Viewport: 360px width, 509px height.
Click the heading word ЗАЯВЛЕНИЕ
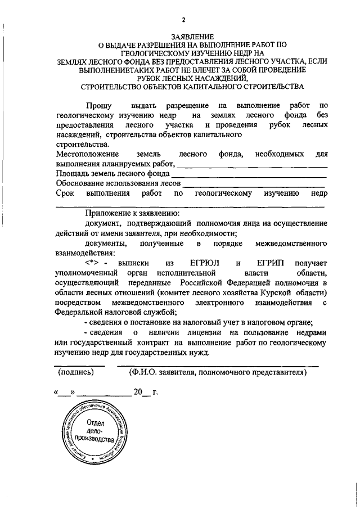191,37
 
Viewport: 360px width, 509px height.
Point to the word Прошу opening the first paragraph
98,105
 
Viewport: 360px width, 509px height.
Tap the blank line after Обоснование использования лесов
254,185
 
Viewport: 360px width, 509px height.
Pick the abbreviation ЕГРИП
269,263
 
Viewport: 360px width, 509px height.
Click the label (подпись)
76,372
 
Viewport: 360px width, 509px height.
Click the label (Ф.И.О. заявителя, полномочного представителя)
217,372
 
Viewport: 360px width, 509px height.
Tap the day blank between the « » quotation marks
64,393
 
